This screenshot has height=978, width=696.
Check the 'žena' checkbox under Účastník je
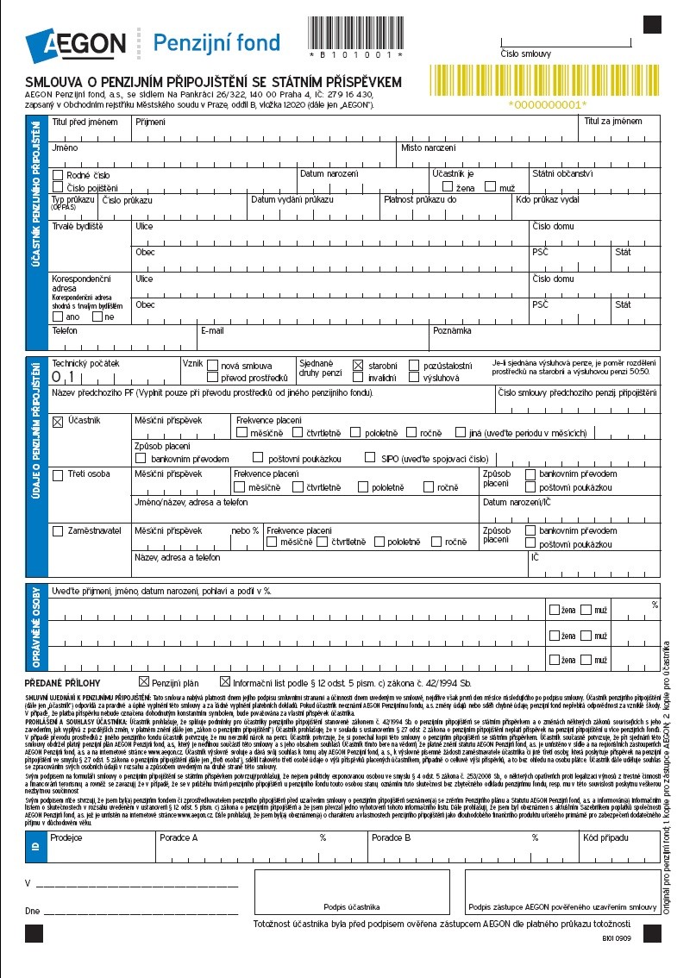(x=448, y=186)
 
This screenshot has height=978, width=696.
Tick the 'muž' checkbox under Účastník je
(x=490, y=186)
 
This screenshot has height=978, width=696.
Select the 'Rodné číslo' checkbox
(x=58, y=175)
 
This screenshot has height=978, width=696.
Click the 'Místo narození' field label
(x=428, y=148)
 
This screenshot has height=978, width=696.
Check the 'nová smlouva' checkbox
(x=212, y=365)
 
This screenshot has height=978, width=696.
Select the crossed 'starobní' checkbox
(x=358, y=365)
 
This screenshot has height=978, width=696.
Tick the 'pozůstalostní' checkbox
(x=415, y=365)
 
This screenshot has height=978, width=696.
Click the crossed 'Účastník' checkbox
(x=58, y=422)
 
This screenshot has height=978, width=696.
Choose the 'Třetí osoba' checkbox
(x=58, y=474)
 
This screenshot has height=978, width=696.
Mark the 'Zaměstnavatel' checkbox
(x=58, y=530)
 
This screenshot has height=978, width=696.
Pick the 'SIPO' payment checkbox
(x=371, y=459)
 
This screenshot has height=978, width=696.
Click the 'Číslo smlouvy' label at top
(x=525, y=53)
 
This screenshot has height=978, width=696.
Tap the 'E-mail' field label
(x=212, y=330)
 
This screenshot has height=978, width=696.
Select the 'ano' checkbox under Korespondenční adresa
(x=58, y=317)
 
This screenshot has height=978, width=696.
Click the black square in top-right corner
(x=651, y=24)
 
